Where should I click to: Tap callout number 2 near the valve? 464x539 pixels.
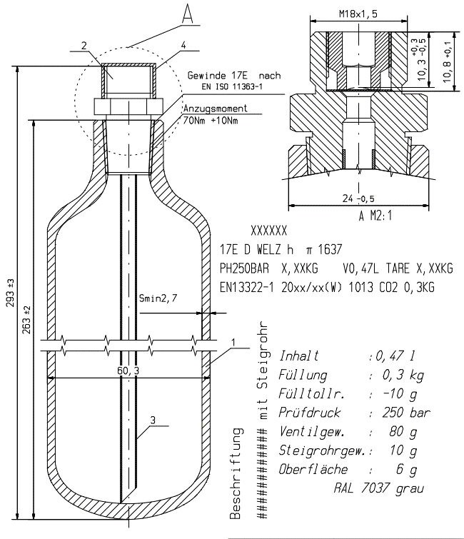84,46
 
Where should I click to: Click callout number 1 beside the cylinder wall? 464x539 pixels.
233,343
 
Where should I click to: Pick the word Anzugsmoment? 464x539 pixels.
216,109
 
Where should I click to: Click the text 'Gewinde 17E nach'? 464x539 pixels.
235,75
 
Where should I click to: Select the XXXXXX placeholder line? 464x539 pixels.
269,231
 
